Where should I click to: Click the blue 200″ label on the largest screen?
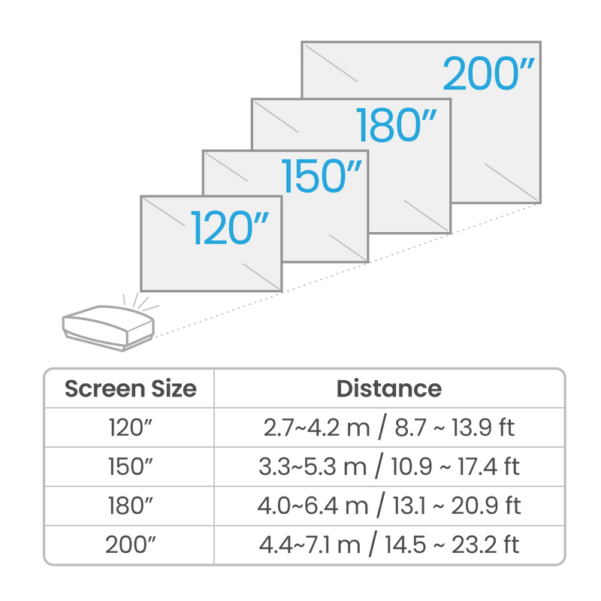point(489,73)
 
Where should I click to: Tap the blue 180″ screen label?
point(397,125)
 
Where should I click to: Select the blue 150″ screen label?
point(322,176)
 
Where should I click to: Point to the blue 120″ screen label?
point(230,228)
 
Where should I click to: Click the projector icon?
point(108,328)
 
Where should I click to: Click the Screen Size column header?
point(130,388)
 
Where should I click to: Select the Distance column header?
point(389,388)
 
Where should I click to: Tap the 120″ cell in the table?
point(130,427)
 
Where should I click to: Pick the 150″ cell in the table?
point(130,467)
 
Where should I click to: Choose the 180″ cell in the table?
point(130,506)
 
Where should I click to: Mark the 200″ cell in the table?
point(130,545)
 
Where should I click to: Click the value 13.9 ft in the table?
point(482,427)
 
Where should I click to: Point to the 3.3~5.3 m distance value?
point(313,467)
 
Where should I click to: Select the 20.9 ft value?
point(485,506)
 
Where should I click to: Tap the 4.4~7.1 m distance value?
point(310,545)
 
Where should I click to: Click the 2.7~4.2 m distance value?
point(316,427)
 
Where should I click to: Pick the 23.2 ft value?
point(485,545)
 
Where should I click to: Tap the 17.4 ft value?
point(489,467)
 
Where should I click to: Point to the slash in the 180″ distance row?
point(381,505)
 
